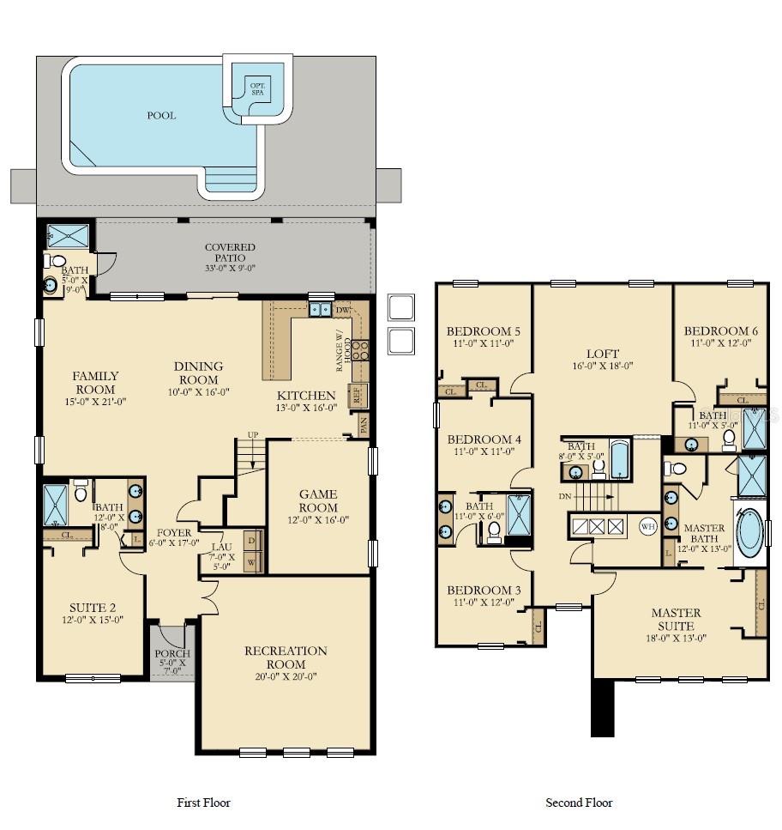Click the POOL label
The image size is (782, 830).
pyautogui.click(x=161, y=115)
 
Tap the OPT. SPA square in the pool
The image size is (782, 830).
pyautogui.click(x=256, y=88)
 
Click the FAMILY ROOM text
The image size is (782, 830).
pyautogui.click(x=95, y=382)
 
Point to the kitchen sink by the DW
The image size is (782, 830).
pyautogui.click(x=321, y=309)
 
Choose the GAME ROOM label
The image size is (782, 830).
pyautogui.click(x=318, y=501)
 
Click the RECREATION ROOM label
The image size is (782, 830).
pyautogui.click(x=286, y=657)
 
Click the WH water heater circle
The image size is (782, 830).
pyautogui.click(x=647, y=526)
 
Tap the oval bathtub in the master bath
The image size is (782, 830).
pyautogui.click(x=749, y=530)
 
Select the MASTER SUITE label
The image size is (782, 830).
pyautogui.click(x=676, y=619)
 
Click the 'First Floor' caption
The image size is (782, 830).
pyautogui.click(x=203, y=803)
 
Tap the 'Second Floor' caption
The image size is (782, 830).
pyautogui.click(x=579, y=803)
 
